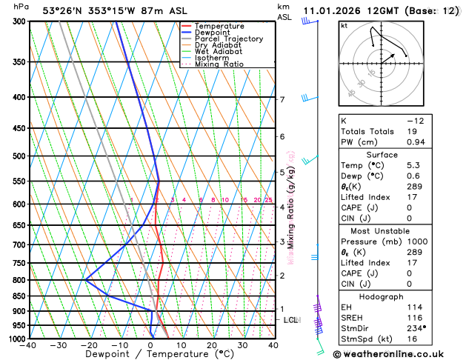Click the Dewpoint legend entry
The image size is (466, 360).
click(210, 33)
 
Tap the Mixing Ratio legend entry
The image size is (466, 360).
click(219, 64)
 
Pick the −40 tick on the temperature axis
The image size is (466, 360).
click(29, 345)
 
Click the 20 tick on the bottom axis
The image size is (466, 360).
click(212, 345)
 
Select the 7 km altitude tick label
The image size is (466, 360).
click(282, 99)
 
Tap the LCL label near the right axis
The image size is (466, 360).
click(291, 320)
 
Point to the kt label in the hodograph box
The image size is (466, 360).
click(344, 26)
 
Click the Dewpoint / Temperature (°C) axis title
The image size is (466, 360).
click(151, 354)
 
